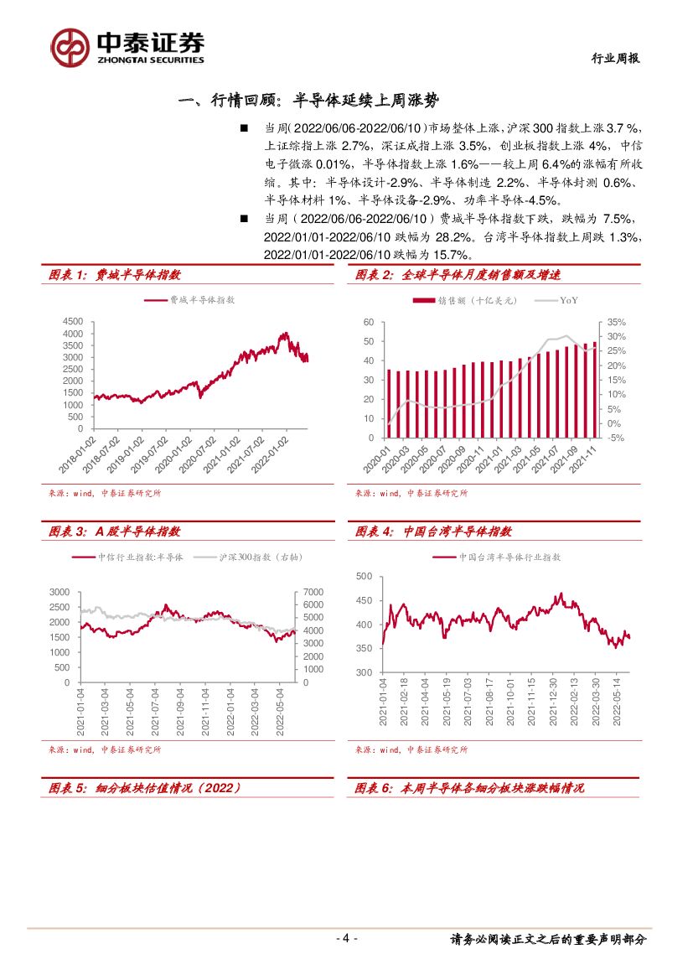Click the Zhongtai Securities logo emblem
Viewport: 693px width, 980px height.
tap(70, 47)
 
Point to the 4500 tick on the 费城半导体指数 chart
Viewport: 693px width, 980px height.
tap(73, 322)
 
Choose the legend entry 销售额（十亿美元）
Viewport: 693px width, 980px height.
tap(465, 300)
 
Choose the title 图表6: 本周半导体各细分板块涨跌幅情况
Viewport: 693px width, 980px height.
tap(469, 788)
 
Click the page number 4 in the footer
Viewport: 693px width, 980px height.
tap(345, 939)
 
